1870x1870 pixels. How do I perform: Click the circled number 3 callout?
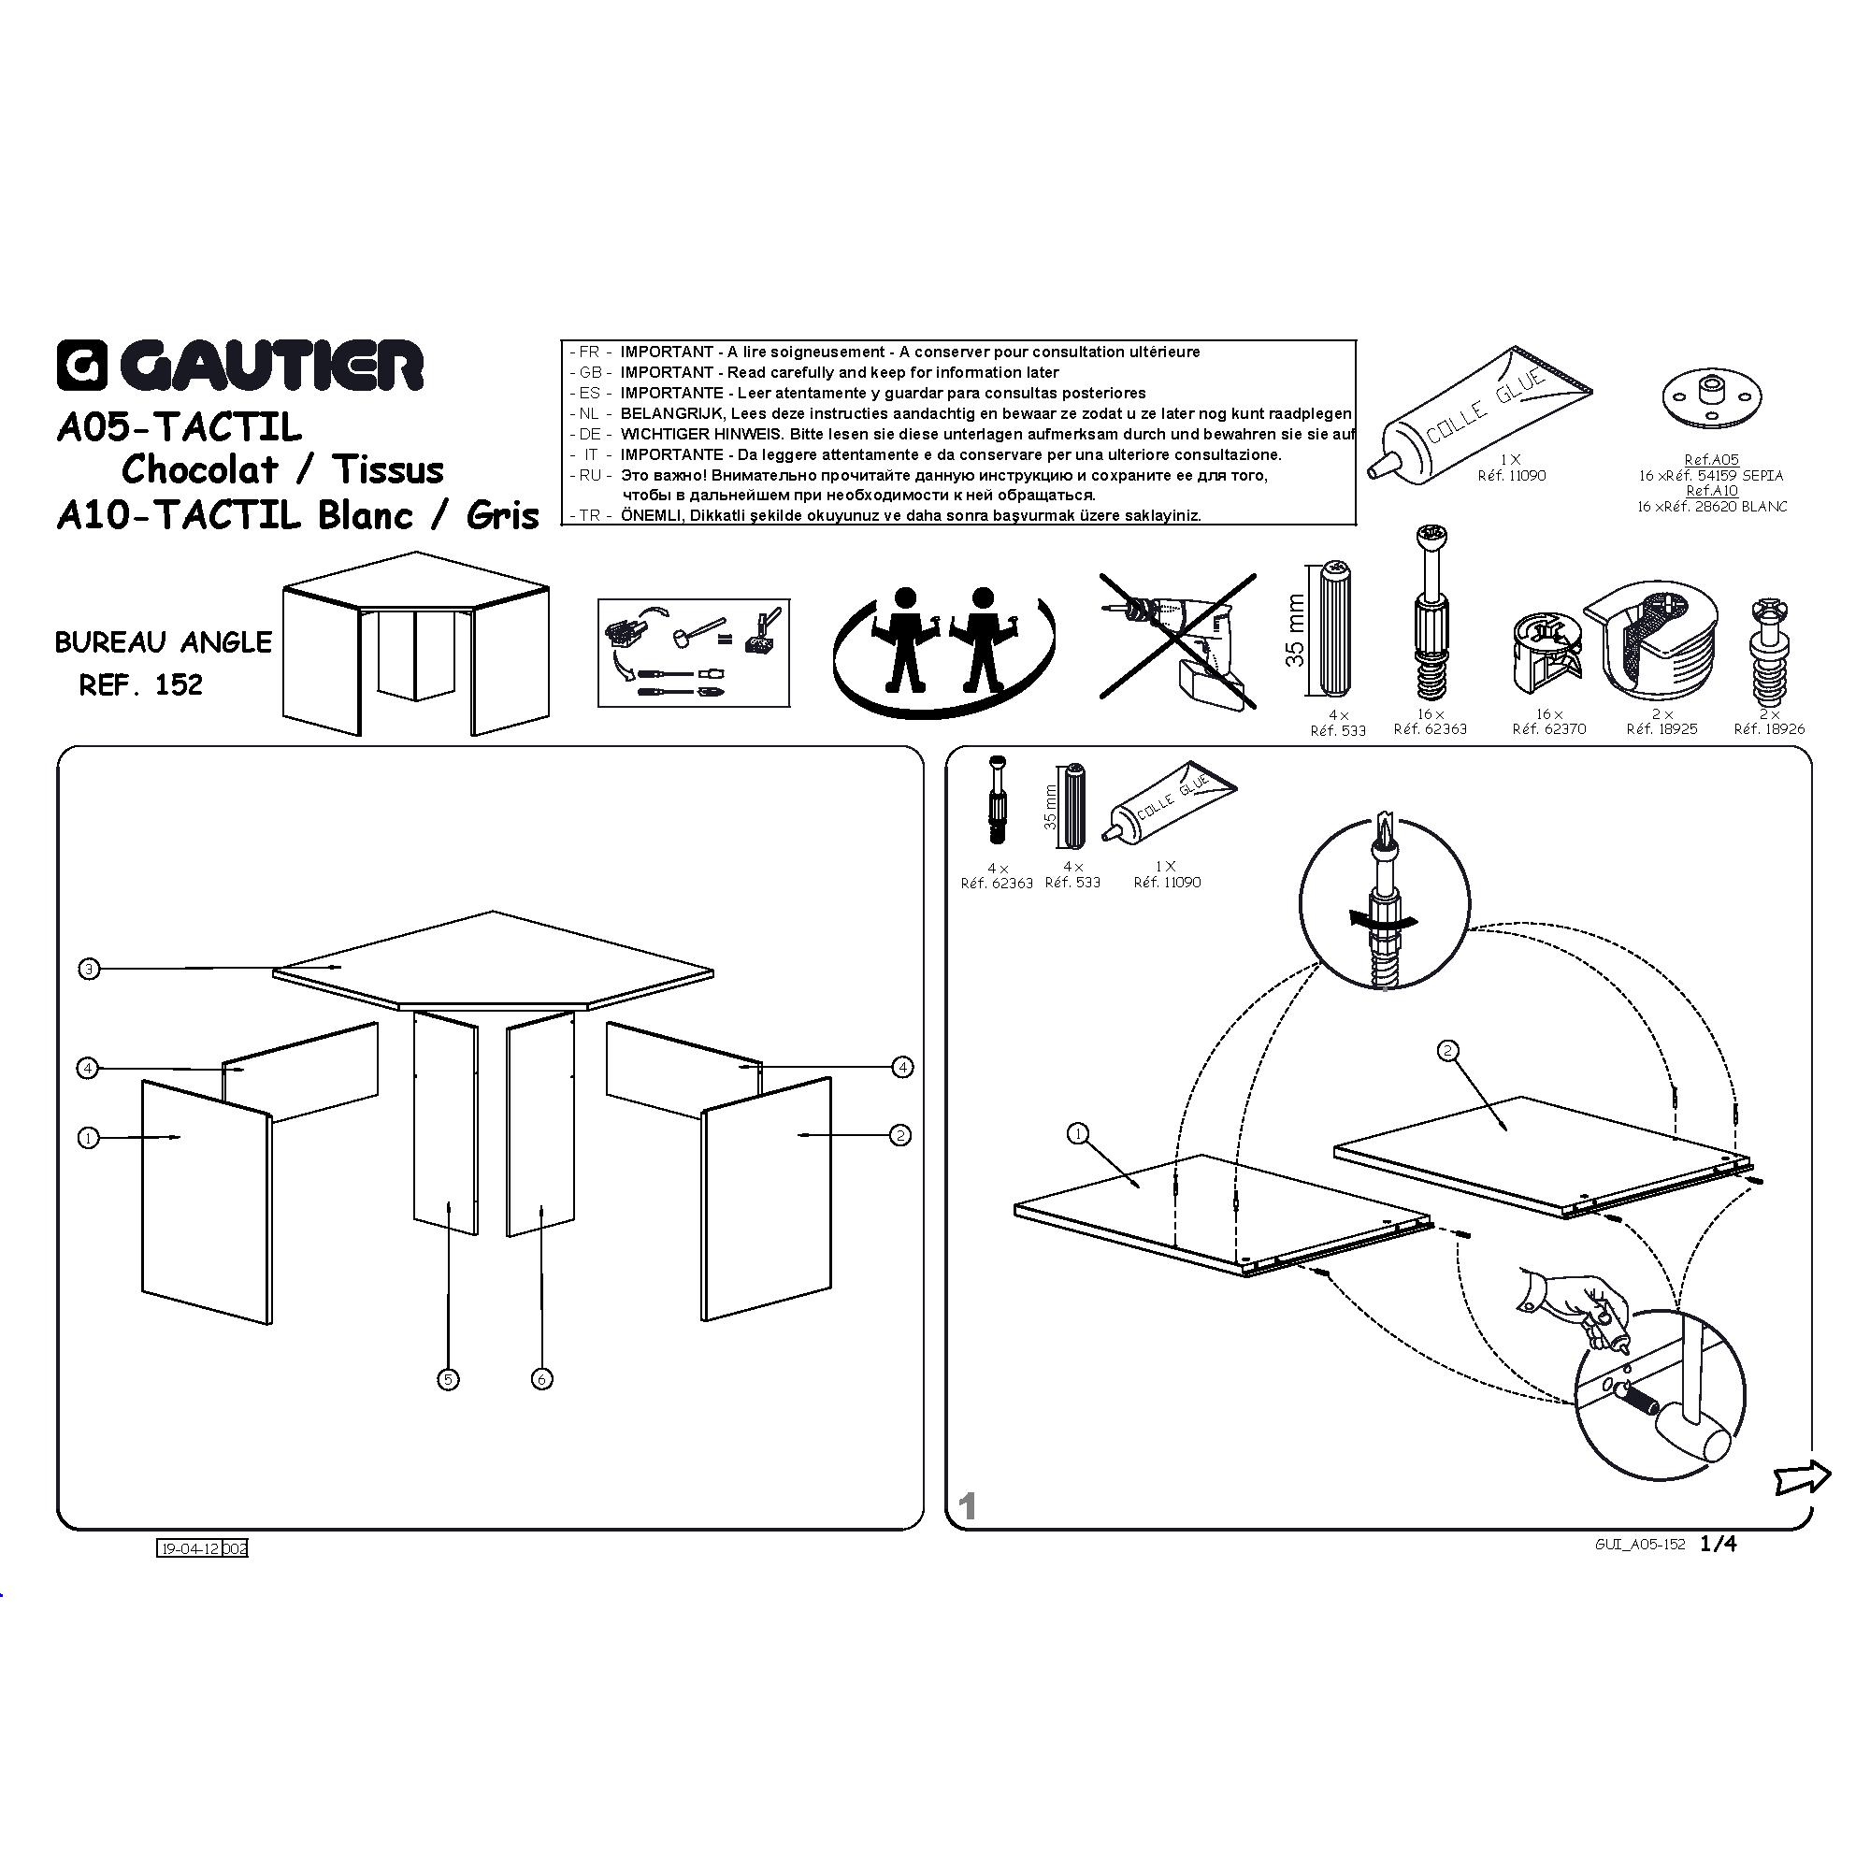(89, 969)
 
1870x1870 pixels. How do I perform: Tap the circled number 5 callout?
(448, 1379)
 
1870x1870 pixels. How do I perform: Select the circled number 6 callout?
(542, 1379)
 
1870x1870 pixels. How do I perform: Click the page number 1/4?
(1719, 1544)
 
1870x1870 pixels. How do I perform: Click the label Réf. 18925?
(1661, 729)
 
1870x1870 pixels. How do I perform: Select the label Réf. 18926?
(1769, 729)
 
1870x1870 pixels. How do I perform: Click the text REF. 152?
(141, 685)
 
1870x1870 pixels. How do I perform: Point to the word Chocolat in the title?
(199, 470)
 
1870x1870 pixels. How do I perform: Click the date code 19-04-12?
(190, 1548)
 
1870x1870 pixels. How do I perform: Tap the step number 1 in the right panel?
(967, 1506)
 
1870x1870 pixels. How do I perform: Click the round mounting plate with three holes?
(1711, 396)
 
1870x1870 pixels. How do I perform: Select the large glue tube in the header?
(1479, 411)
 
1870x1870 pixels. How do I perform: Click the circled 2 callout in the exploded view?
(901, 1135)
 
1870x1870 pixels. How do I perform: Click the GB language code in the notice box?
(590, 373)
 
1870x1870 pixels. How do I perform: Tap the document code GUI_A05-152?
(1641, 1545)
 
